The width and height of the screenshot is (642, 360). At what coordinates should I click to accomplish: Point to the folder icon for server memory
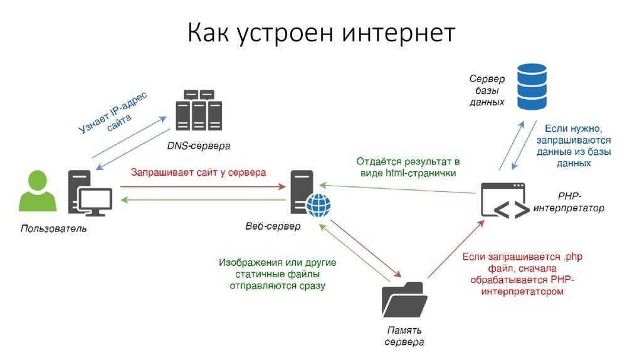pyautogui.click(x=404, y=300)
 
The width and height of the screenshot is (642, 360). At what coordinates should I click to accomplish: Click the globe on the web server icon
pyautogui.click(x=318, y=204)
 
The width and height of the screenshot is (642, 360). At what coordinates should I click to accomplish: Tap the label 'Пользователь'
pyautogui.click(x=54, y=229)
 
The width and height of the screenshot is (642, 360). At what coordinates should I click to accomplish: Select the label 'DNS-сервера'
pyautogui.click(x=199, y=146)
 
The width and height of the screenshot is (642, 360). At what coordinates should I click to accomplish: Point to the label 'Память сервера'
pyautogui.click(x=404, y=336)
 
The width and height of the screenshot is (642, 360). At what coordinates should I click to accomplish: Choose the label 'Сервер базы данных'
pyautogui.click(x=487, y=90)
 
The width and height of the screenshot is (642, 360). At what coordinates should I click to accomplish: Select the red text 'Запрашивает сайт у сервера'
pyautogui.click(x=198, y=171)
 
